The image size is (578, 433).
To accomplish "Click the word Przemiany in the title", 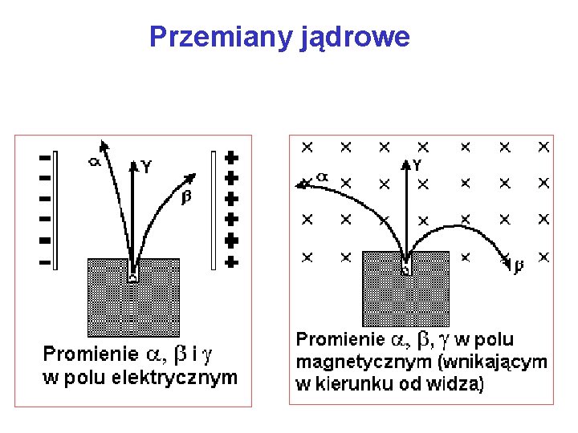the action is pos(210,37).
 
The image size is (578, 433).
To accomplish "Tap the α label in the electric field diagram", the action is pos(94,160).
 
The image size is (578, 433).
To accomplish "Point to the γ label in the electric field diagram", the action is pos(146,166).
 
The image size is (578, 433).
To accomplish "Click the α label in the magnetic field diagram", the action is pos(322,176).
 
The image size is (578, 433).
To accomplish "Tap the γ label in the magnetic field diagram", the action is pos(418,164).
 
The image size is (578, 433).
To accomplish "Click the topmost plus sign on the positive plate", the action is pos(231,156).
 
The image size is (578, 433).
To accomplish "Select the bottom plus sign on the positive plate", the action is pos(231,261).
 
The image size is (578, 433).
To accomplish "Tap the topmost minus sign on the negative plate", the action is pos(45,157).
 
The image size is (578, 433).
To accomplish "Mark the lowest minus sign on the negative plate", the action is pos(45,261).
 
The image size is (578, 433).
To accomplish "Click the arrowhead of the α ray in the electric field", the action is pos(103,145).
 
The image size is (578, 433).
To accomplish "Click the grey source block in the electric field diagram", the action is pos(133,297).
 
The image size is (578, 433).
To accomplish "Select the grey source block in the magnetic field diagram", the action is pos(405,289).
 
